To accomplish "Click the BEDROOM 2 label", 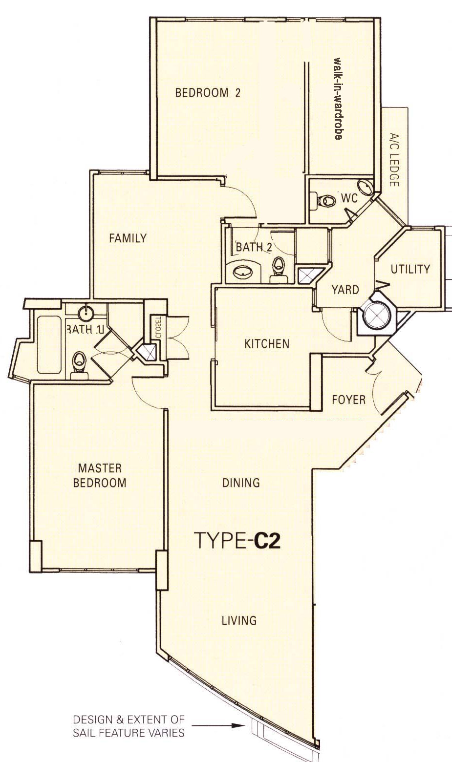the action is (x=208, y=92).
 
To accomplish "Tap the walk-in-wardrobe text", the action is (x=338, y=98).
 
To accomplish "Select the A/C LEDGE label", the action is (x=394, y=160).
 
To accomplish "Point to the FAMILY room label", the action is (x=128, y=238).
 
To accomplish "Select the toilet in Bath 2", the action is (x=279, y=269).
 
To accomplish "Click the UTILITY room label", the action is (x=410, y=269).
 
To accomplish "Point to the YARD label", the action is (x=345, y=290).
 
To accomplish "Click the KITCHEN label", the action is (x=267, y=343).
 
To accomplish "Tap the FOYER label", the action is (x=348, y=400).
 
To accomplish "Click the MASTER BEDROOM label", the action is (x=100, y=475).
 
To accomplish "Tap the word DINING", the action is (x=241, y=483).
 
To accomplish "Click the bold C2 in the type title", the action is (x=267, y=541).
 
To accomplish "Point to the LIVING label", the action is (x=239, y=620).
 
